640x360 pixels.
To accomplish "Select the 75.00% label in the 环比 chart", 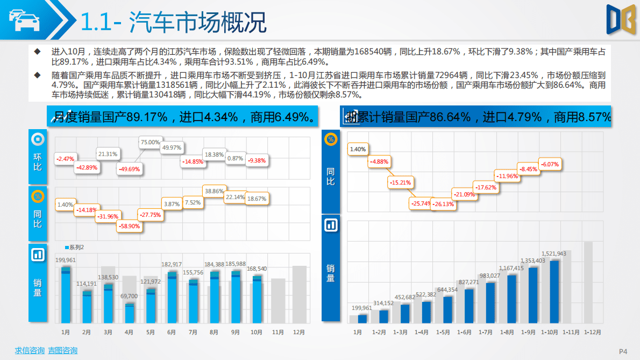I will [150, 143].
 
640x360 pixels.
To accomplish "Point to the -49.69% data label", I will [129, 169].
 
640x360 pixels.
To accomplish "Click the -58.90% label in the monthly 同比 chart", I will [129, 227].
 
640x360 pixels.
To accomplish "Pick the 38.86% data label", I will [214, 191].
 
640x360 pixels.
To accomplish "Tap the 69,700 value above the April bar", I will [129, 297].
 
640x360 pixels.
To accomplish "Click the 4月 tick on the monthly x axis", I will [129, 332].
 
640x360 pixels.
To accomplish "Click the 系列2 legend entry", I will [75, 248].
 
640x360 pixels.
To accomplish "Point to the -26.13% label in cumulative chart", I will [444, 204].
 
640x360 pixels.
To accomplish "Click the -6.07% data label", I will [550, 164].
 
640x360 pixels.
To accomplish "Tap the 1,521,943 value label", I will [553, 253].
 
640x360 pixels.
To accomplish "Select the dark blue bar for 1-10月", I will [554, 291].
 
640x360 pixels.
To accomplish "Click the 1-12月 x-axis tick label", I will [592, 333].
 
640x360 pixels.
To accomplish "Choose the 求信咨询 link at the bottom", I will [30, 351].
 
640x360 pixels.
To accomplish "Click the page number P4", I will [623, 351].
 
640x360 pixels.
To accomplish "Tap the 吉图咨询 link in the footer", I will [62, 351].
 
